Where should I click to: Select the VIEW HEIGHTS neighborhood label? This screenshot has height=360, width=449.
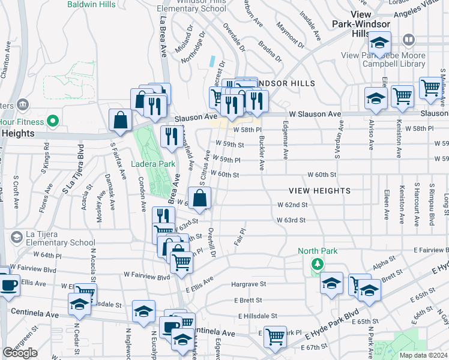click(319, 191)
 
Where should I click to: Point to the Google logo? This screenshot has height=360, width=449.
click(20, 353)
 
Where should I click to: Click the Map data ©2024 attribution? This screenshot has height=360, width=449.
click(423, 355)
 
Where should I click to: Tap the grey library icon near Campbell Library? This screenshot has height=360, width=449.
click(409, 40)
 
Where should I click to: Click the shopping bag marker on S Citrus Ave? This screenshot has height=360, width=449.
click(200, 197)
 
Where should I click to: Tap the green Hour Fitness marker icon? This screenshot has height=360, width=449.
click(52, 121)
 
